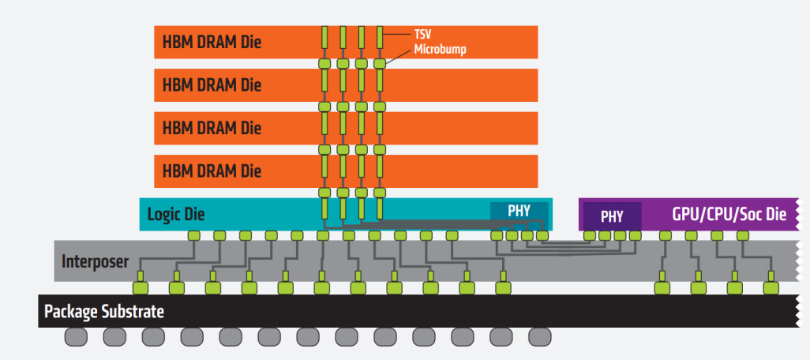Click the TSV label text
pyautogui.click(x=423, y=35)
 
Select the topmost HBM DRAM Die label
pyautogui.click(x=212, y=42)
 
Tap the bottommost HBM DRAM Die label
pyautogui.click(x=212, y=170)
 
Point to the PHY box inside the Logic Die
pyautogui.click(x=519, y=211)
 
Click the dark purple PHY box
pyautogui.click(x=612, y=216)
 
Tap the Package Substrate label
pyautogui.click(x=104, y=311)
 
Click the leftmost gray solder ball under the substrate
pyautogui.click(x=76, y=337)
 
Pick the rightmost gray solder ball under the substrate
pyautogui.click(x=540, y=337)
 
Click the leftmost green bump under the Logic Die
pyautogui.click(x=193, y=235)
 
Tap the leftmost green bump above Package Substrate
pyautogui.click(x=140, y=287)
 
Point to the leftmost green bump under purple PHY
pyautogui.click(x=589, y=235)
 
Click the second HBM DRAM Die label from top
pyautogui.click(x=212, y=84)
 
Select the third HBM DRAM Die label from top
pyautogui.click(x=212, y=126)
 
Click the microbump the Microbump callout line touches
pyautogui.click(x=380, y=63)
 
